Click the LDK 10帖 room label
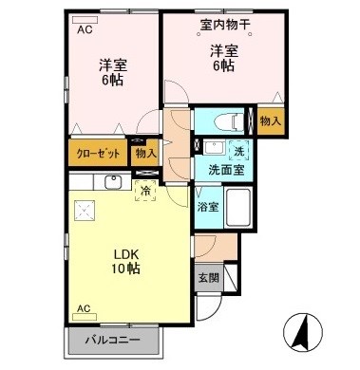point(127,262)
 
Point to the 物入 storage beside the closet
point(145,152)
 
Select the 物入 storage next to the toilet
point(270,122)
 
